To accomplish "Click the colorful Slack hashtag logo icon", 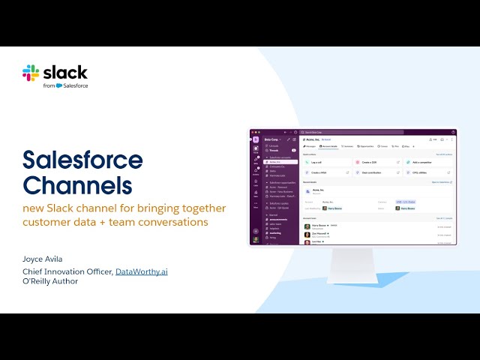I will point(31,73).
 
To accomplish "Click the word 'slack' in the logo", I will point(65,73).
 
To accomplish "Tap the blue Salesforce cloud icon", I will point(59,85).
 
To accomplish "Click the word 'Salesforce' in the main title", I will point(82,160).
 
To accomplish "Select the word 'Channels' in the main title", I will point(77,184).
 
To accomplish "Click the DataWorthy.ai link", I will point(141,271).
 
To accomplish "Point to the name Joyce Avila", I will point(43,259).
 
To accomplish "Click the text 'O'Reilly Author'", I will point(50,281).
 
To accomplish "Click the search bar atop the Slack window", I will point(352,132).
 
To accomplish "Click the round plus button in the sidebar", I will point(256,230).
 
